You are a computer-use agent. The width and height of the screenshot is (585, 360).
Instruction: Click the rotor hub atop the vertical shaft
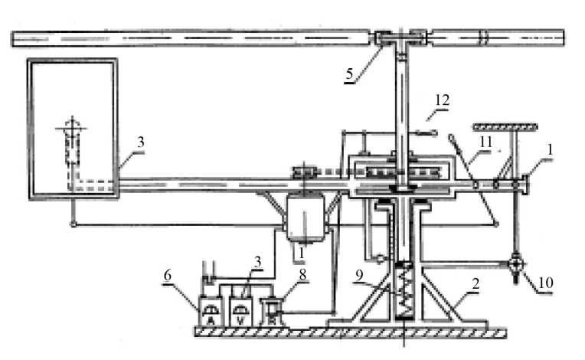402,37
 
